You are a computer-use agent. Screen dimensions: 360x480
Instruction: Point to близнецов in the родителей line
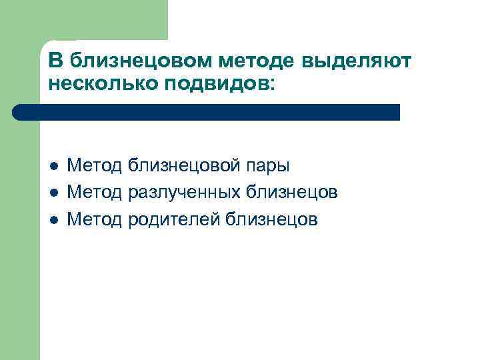[273, 219]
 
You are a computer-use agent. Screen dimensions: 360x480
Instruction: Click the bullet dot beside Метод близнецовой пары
[53, 166]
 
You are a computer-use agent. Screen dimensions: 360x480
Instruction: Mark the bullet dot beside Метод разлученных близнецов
[53, 193]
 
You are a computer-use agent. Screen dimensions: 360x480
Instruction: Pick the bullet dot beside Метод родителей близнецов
[53, 219]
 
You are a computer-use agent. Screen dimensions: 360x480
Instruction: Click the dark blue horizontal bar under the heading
[213, 112]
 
